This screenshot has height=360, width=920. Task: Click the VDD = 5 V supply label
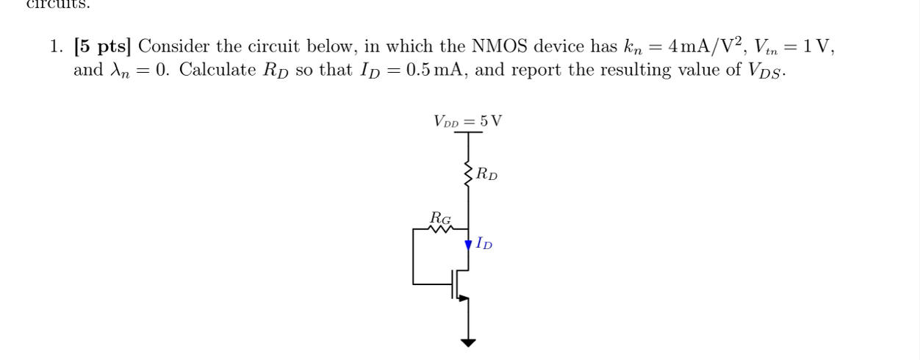pos(467,120)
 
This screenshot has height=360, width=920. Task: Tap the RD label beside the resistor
pos(486,175)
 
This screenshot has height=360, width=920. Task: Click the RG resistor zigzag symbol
pos(440,229)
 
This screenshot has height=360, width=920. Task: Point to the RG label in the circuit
pos(440,217)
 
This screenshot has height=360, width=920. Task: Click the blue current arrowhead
pos(468,245)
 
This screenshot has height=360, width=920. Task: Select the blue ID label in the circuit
pos(484,243)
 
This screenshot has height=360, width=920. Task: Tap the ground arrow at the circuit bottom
pos(468,342)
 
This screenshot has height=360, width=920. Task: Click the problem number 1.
pos(56,47)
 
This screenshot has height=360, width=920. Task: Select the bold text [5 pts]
pos(102,47)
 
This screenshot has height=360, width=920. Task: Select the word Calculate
pos(213,71)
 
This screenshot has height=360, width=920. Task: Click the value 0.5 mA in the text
pos(438,71)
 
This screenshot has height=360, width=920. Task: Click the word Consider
pos(174,47)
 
